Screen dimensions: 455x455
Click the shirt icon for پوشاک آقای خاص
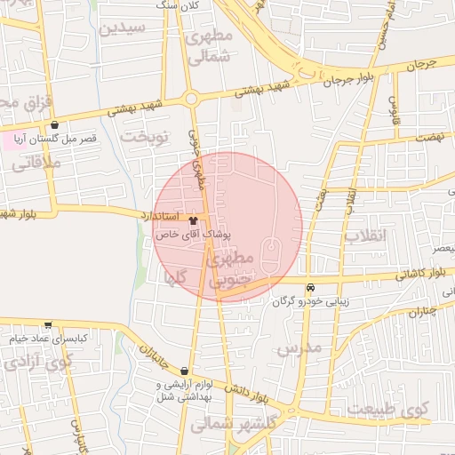tap(194, 216)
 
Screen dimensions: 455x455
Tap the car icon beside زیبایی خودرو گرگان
tap(310, 287)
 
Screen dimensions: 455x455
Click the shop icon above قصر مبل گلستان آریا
tap(58, 125)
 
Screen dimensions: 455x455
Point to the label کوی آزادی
tap(36, 363)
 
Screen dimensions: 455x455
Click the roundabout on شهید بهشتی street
tap(191, 100)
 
